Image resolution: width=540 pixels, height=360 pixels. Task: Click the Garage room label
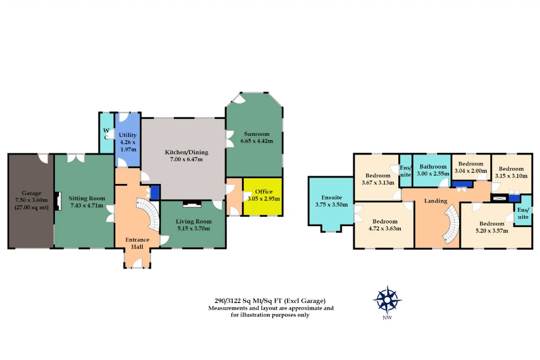click(x=32, y=193)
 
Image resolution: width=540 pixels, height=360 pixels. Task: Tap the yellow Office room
click(x=263, y=197)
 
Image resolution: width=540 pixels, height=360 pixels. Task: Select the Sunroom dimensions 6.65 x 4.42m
click(x=256, y=141)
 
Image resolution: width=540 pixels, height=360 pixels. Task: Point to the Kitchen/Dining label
click(x=186, y=152)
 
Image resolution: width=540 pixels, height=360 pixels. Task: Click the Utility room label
click(x=127, y=135)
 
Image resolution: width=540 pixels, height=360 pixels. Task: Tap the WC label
click(x=106, y=134)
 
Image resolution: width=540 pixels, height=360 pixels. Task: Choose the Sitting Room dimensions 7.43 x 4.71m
click(x=87, y=206)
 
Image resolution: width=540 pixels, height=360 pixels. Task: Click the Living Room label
click(x=194, y=221)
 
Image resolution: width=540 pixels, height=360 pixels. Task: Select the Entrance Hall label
click(x=137, y=243)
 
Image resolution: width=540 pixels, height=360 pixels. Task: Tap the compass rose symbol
click(x=387, y=300)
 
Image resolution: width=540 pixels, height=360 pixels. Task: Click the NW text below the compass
click(x=387, y=317)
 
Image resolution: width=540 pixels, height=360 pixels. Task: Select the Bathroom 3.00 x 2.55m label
click(x=433, y=170)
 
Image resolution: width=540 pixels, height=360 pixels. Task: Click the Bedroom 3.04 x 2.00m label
click(x=470, y=168)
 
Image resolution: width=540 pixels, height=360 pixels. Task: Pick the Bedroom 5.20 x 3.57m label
click(x=492, y=227)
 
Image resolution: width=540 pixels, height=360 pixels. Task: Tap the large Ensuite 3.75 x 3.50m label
click(x=332, y=201)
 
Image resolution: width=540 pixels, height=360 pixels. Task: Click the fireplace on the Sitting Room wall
click(x=58, y=201)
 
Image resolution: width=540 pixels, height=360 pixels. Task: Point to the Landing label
click(x=436, y=201)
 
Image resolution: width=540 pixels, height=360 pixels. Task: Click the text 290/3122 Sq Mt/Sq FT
click(x=248, y=301)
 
